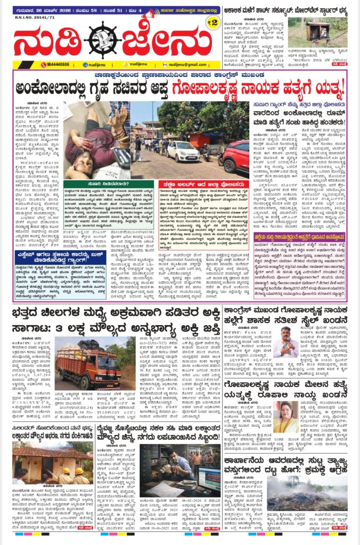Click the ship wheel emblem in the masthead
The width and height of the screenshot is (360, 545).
(x=105, y=40)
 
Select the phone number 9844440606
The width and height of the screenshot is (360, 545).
(x=55, y=64)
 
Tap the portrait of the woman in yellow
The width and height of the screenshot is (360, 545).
(x=287, y=402)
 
